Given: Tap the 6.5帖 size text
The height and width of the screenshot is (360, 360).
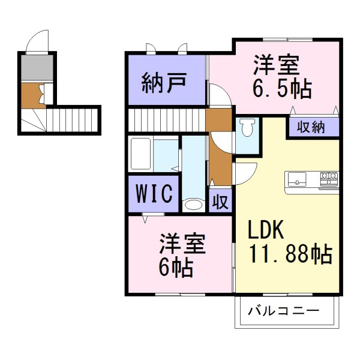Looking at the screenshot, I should [x=281, y=89].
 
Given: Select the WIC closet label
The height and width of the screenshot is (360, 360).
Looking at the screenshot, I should [x=154, y=194].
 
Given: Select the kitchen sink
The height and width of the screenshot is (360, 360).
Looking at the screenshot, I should [x=298, y=178].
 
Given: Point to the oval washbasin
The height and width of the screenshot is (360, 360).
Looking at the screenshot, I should [x=193, y=205].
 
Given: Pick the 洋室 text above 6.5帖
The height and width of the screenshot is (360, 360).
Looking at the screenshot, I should [x=276, y=64].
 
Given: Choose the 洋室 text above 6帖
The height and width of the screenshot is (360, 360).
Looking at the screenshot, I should [x=182, y=243].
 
